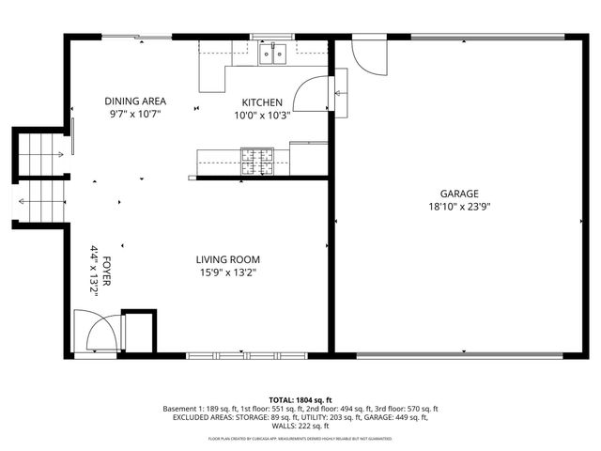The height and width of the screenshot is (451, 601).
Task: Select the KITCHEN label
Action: (262, 102)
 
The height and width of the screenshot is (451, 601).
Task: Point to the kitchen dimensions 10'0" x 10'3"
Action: (262, 116)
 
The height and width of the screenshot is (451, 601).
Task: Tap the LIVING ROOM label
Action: (227, 259)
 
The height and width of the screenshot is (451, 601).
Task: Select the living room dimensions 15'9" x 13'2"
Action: (227, 272)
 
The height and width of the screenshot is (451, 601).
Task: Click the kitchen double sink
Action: (273, 54)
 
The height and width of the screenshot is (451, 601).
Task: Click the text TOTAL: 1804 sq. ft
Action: (300, 400)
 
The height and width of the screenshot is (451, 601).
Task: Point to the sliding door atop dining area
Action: (137, 38)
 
